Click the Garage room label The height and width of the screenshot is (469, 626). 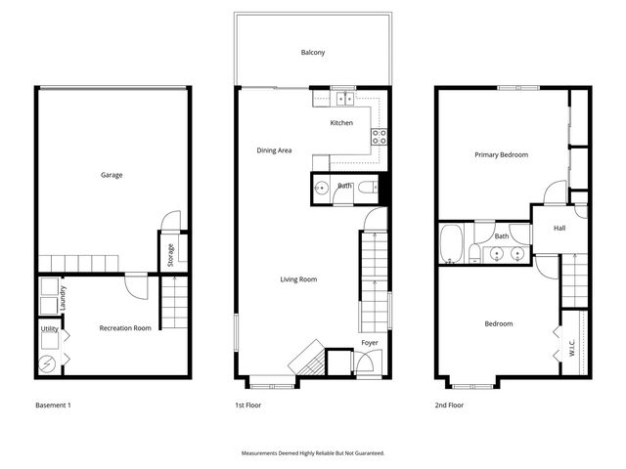tap(112, 176)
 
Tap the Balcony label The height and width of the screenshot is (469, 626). tap(313, 52)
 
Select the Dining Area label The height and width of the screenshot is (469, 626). tap(274, 150)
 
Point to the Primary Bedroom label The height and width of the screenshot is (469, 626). tap(501, 155)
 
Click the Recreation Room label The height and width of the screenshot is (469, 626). tap(125, 328)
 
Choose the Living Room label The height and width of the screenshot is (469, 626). tap(298, 279)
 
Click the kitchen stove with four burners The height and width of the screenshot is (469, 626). tap(379, 137)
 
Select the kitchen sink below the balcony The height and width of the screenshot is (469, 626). tap(342, 99)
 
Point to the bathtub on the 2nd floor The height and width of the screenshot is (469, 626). tap(452, 244)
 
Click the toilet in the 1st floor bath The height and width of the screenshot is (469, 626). tap(366, 188)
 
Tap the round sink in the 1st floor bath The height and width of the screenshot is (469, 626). tap(321, 189)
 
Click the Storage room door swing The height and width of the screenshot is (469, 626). tap(171, 221)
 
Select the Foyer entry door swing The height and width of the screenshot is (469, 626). tap(363, 363)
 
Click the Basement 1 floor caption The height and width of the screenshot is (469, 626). tap(53, 405)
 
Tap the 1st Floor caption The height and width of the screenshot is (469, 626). tap(248, 405)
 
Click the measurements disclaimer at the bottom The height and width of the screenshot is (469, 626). tap(313, 453)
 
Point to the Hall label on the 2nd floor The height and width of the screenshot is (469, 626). tap(559, 229)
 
